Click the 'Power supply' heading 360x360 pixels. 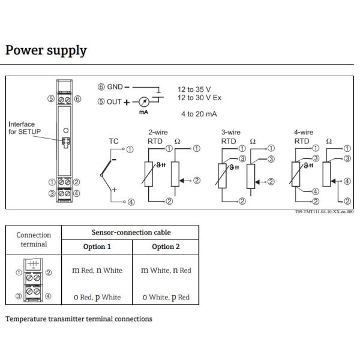tap(46, 50)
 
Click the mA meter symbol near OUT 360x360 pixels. tap(144, 101)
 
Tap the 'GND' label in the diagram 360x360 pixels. tap(115, 87)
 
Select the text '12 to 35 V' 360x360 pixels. tap(194, 89)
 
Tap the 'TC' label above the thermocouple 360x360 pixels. tap(113, 142)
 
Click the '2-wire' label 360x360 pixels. tap(157, 133)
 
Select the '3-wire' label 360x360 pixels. tap(230, 133)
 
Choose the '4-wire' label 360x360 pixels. tap(303, 133)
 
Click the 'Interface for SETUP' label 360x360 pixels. tap(22, 128)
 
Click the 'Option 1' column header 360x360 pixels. tap(97, 247)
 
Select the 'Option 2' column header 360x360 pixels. tap(165, 247)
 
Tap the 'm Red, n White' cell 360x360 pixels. tap(97, 271)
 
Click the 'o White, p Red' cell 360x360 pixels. tap(165, 296)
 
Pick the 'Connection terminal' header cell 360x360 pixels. tap(34, 239)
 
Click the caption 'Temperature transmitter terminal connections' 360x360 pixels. tap(79, 319)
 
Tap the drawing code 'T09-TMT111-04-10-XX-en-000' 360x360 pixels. tap(325, 212)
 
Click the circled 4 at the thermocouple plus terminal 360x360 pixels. tap(131, 202)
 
